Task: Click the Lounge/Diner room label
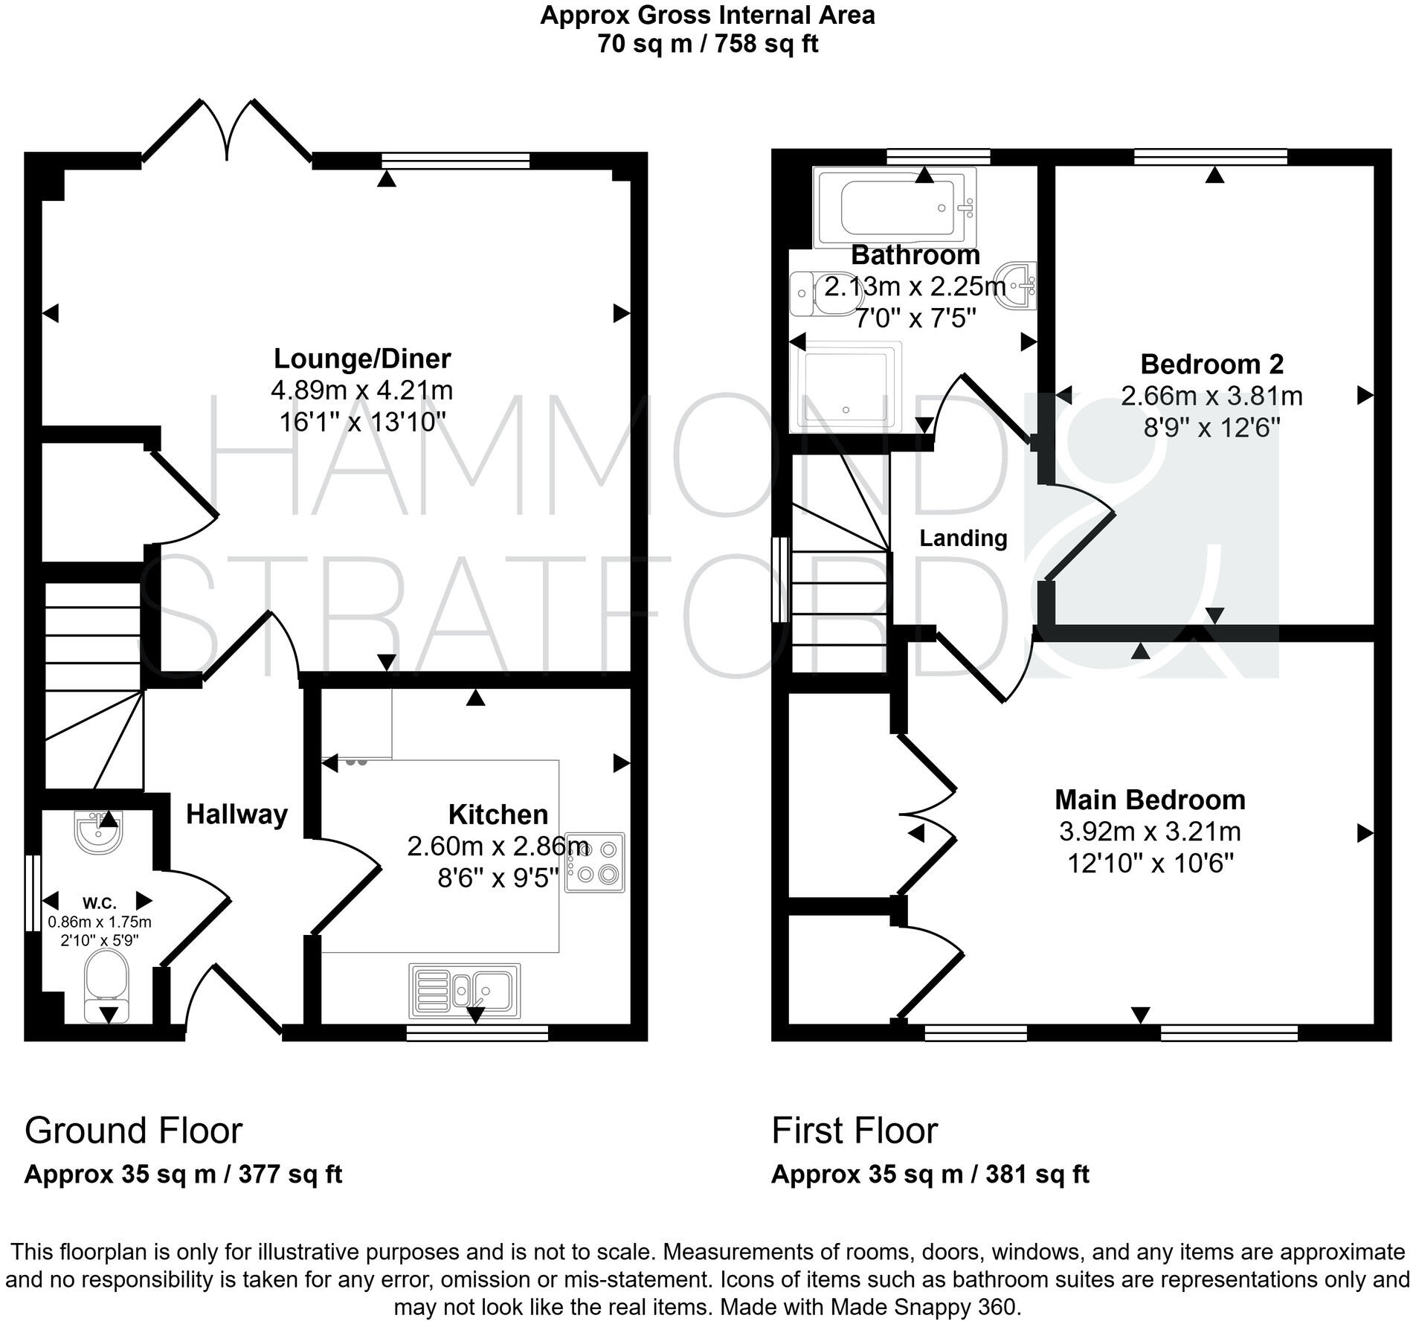click(x=362, y=359)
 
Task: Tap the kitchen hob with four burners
click(x=595, y=862)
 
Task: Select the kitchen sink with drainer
click(x=465, y=991)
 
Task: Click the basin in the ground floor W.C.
click(x=97, y=832)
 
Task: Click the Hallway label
click(x=236, y=814)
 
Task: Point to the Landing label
click(x=963, y=538)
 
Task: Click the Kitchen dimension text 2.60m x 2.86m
click(x=498, y=846)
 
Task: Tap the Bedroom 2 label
click(x=1211, y=364)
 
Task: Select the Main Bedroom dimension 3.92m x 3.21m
click(x=1150, y=832)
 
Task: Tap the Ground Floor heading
click(x=134, y=1131)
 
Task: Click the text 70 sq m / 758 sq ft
click(x=707, y=44)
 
